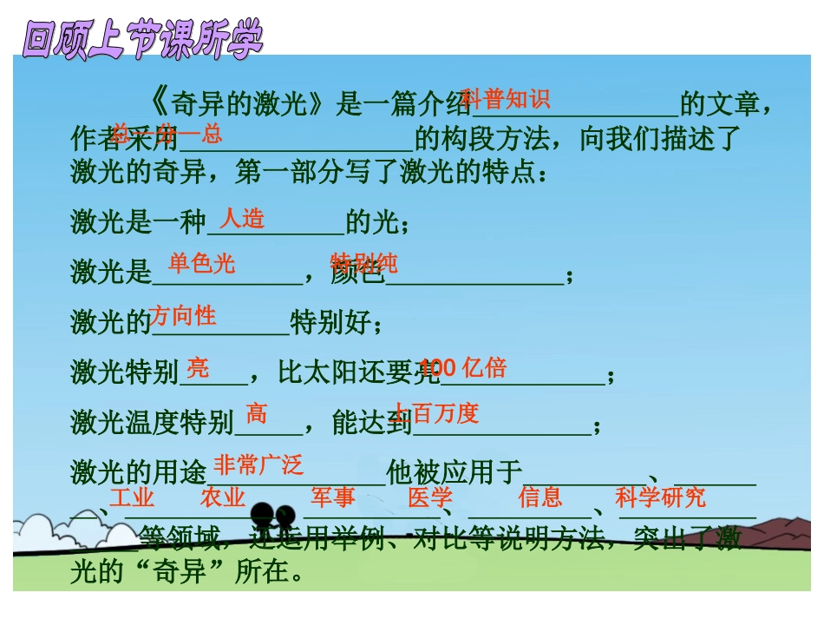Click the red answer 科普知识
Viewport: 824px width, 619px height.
506,99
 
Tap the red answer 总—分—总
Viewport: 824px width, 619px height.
167,134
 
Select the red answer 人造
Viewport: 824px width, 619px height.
242,218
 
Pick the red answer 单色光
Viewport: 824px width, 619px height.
201,264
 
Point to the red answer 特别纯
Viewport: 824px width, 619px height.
363,264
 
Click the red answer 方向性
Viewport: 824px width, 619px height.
182,315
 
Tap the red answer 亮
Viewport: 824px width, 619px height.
198,368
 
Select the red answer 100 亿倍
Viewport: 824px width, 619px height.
463,368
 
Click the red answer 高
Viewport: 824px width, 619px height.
257,412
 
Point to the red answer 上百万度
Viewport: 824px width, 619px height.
435,413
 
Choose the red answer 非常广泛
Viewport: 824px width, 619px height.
258,465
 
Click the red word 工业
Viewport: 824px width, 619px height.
132,497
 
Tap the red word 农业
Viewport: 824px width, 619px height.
222,497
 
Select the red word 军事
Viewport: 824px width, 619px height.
333,497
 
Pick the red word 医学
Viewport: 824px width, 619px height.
430,497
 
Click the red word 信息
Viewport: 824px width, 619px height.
540,497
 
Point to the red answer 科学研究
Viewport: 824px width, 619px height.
660,497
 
